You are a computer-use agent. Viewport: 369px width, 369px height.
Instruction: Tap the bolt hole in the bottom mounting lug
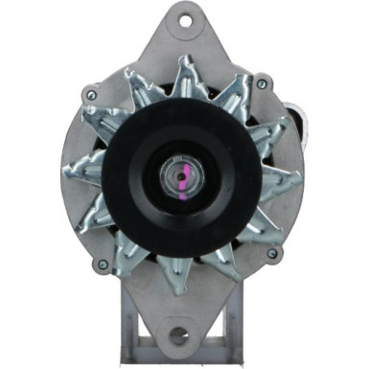coord(178,334)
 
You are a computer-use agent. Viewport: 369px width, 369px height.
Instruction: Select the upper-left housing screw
coord(90,95)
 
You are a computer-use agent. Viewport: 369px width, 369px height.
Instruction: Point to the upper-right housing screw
coord(262,84)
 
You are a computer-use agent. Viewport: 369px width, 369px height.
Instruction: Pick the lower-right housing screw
coord(273,253)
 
